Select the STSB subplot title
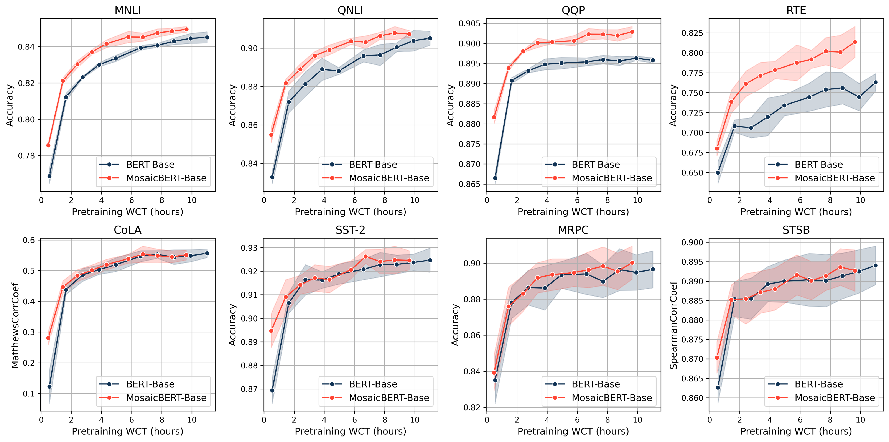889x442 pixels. click(796, 230)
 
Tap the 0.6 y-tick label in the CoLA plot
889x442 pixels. click(29, 240)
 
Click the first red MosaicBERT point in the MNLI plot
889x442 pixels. click(48, 145)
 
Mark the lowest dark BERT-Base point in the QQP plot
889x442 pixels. click(495, 178)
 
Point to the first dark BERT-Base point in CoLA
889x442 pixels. click(49, 387)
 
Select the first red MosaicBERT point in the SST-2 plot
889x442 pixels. click(271, 331)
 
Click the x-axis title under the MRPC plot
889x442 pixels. click(573, 431)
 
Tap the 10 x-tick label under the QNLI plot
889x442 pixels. click(415, 200)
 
